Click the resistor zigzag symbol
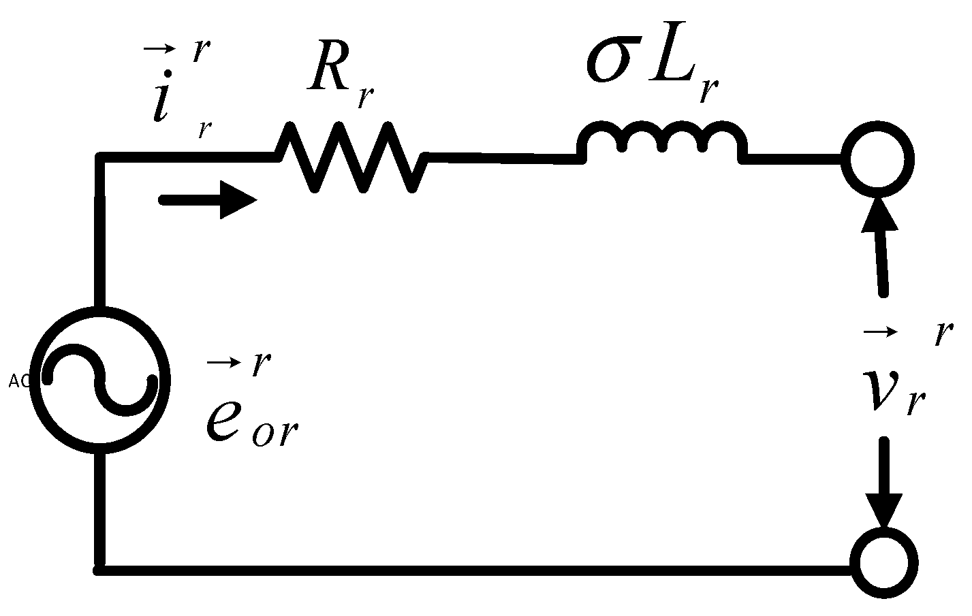click(x=351, y=157)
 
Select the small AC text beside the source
click(x=18, y=381)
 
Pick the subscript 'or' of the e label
click(x=275, y=432)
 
